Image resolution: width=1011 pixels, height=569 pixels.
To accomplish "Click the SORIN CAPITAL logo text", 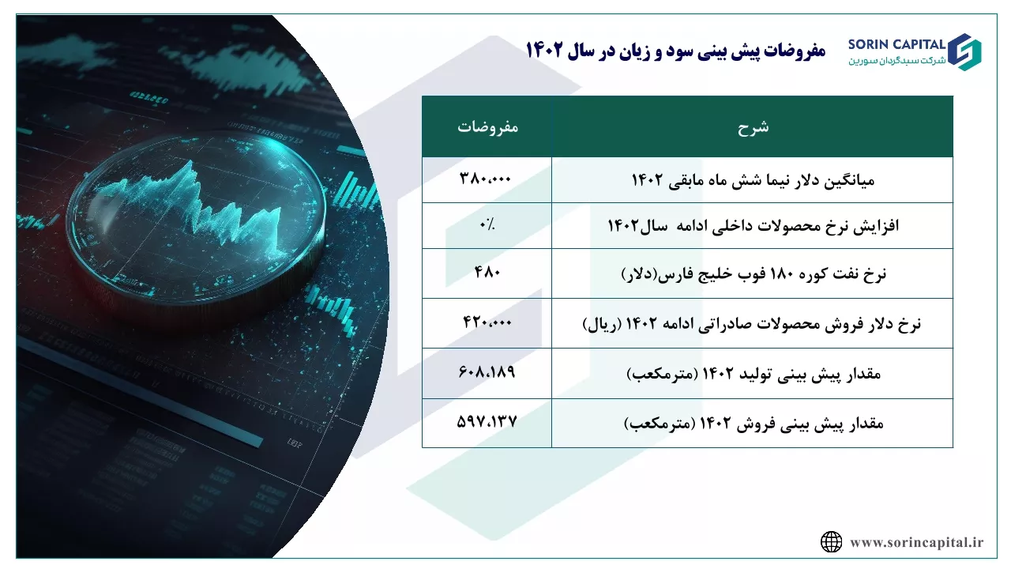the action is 896,44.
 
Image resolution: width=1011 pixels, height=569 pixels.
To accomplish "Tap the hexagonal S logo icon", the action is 964,52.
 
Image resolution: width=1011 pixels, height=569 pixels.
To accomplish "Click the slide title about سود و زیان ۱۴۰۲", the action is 675,50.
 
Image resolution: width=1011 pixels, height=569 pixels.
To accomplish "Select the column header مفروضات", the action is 487,127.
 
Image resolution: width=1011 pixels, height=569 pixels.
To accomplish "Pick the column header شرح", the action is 753,127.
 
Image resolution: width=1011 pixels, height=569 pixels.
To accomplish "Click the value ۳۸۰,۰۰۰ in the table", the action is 485,179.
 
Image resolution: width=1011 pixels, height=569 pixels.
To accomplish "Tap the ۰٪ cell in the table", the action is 487,224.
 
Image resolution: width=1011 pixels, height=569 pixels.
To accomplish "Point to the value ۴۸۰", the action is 487,272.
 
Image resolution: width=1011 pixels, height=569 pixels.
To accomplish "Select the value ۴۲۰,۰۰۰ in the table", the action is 487,322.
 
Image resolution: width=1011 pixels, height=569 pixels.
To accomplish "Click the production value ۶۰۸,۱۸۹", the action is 487,371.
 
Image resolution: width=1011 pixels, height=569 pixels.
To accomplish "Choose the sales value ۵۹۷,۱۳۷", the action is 487,422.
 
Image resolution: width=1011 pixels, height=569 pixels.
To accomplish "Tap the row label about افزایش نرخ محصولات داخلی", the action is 753,225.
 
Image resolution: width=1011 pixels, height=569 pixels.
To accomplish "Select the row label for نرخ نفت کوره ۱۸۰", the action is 754,274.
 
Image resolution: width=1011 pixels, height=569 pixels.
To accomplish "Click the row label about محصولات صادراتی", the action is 751,324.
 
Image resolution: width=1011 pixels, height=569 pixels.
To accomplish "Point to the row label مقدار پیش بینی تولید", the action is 754,375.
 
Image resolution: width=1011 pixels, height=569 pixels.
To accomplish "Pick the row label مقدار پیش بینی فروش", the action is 754,424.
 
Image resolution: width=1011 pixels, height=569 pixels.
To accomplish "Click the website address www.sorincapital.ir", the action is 916,542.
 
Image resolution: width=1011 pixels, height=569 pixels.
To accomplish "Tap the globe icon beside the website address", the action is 831,542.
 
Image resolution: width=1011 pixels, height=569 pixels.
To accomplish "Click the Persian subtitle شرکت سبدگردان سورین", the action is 896,61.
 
